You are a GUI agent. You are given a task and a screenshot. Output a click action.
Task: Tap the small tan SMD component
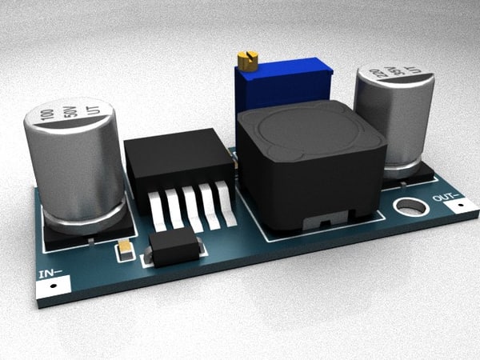[125, 250]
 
